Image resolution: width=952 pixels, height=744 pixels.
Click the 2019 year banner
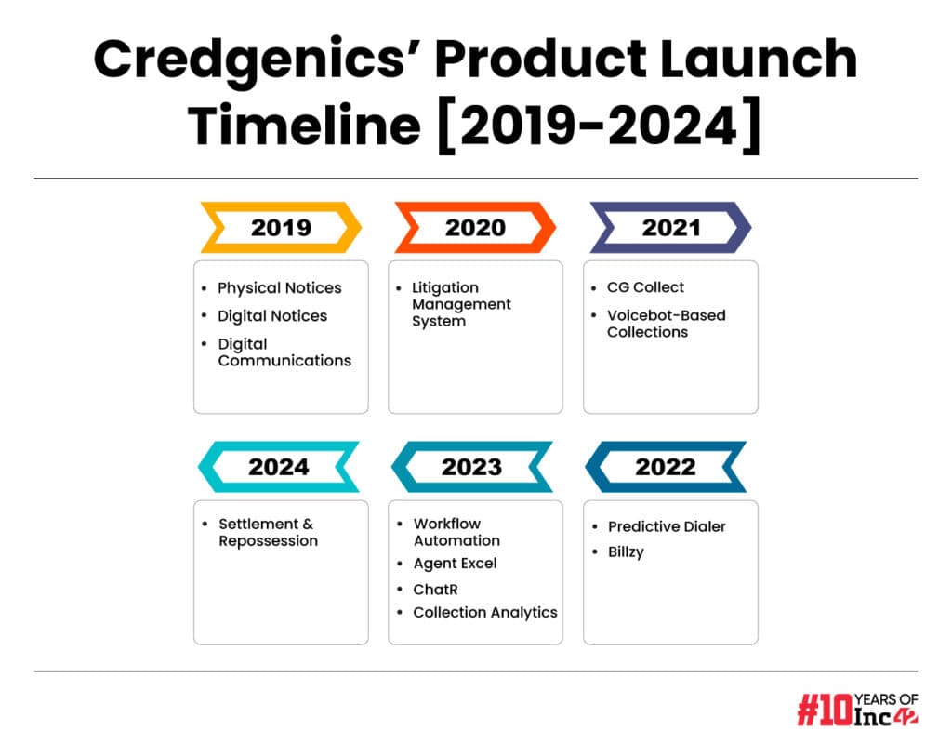[x=281, y=227]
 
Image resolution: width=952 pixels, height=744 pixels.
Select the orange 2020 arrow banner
[x=475, y=227]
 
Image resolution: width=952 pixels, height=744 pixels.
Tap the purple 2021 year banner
[x=671, y=227]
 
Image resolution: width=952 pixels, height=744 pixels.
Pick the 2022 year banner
[x=666, y=467]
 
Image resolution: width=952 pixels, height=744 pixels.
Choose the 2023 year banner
[x=471, y=467]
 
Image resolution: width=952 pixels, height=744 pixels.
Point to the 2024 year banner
[x=279, y=467]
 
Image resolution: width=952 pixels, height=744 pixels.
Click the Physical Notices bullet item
[x=279, y=288]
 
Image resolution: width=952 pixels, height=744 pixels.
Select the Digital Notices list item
[x=272, y=316]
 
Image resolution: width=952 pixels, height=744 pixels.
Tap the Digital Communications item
[x=284, y=352]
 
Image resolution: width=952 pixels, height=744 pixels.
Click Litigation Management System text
[x=461, y=304]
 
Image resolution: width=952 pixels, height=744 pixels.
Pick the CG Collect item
[x=645, y=287]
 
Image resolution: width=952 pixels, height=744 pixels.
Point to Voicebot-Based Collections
[x=666, y=324]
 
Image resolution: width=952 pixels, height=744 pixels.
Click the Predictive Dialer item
[x=667, y=526]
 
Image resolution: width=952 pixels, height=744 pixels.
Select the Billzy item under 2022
[x=626, y=552]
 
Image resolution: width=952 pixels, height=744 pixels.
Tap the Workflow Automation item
[x=456, y=532]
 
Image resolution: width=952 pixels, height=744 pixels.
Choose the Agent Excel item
[x=455, y=564]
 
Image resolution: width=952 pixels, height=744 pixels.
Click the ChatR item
[x=435, y=590]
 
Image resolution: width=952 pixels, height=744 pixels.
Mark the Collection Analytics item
[x=485, y=613]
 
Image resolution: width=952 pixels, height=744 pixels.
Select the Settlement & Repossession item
[x=268, y=533]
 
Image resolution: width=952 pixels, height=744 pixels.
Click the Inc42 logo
[x=857, y=709]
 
